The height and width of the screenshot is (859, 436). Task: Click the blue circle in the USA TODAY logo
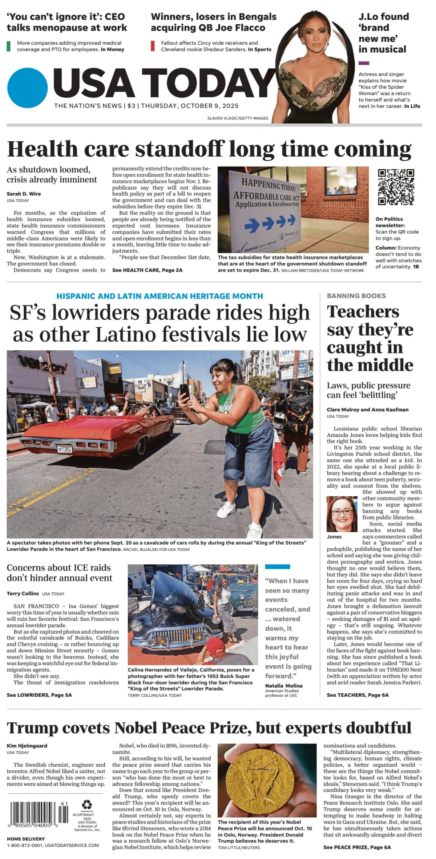[27, 88]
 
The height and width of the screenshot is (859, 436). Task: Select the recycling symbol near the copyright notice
[86, 805]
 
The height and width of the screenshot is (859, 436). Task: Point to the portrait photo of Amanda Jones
[342, 514]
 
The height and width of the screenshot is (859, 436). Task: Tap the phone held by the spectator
[185, 392]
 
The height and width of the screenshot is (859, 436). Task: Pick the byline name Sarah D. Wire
[24, 194]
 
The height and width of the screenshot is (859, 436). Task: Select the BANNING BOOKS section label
[356, 296]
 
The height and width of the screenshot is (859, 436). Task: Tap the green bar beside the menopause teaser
[9, 46]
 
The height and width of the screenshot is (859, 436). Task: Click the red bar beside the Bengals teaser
[153, 46]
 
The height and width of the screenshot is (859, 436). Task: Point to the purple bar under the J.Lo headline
[364, 63]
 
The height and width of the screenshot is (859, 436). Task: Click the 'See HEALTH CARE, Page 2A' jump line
[147, 270]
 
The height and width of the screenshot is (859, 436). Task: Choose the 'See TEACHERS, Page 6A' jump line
[357, 695]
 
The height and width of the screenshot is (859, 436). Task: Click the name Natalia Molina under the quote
[283, 685]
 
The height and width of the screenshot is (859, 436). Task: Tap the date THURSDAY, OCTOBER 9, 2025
[190, 106]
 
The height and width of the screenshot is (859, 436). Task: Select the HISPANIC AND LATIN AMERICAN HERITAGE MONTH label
[160, 296]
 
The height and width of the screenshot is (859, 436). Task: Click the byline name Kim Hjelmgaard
[27, 746]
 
